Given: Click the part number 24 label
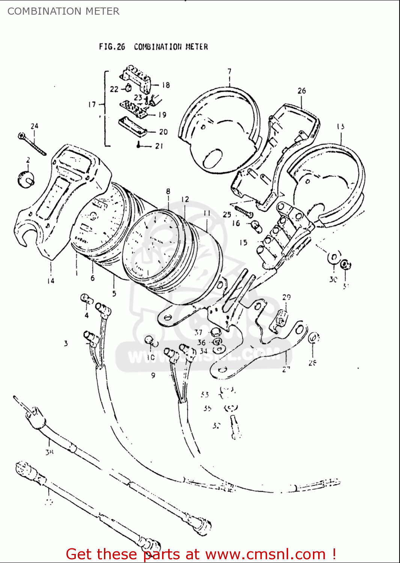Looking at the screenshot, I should click(35, 126).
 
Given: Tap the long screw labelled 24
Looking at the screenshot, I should click(33, 144).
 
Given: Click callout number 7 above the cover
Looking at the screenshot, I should click(229, 71).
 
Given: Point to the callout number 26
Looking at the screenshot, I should click(302, 91).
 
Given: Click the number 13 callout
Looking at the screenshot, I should click(340, 126).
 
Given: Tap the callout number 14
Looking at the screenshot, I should click(51, 280).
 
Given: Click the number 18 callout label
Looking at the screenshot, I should click(165, 85).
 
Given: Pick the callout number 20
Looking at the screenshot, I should click(163, 132).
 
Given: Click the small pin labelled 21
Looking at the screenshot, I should click(139, 146).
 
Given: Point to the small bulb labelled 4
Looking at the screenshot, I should click(86, 299).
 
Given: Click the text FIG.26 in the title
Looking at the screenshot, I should click(112, 47).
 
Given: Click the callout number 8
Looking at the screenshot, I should click(168, 191).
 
